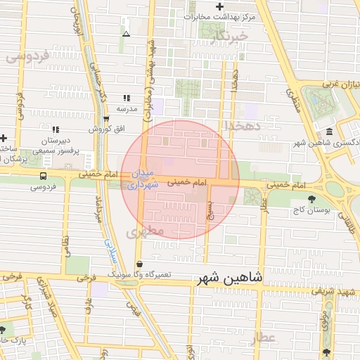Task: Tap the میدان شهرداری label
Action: [x=142, y=179]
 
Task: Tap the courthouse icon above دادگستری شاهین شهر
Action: [x=329, y=132]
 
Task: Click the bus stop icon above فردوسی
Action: [x=43, y=175]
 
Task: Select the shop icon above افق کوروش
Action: [x=106, y=119]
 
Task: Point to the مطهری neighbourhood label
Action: [x=147, y=231]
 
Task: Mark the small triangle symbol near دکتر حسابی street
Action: [x=126, y=33]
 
